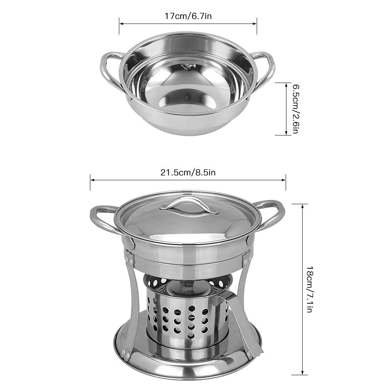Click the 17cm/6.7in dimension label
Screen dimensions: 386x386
[188, 16]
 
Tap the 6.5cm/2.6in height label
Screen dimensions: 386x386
[296, 109]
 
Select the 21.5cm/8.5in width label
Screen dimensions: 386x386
[188, 172]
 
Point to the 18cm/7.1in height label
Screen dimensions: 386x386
[310, 289]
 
